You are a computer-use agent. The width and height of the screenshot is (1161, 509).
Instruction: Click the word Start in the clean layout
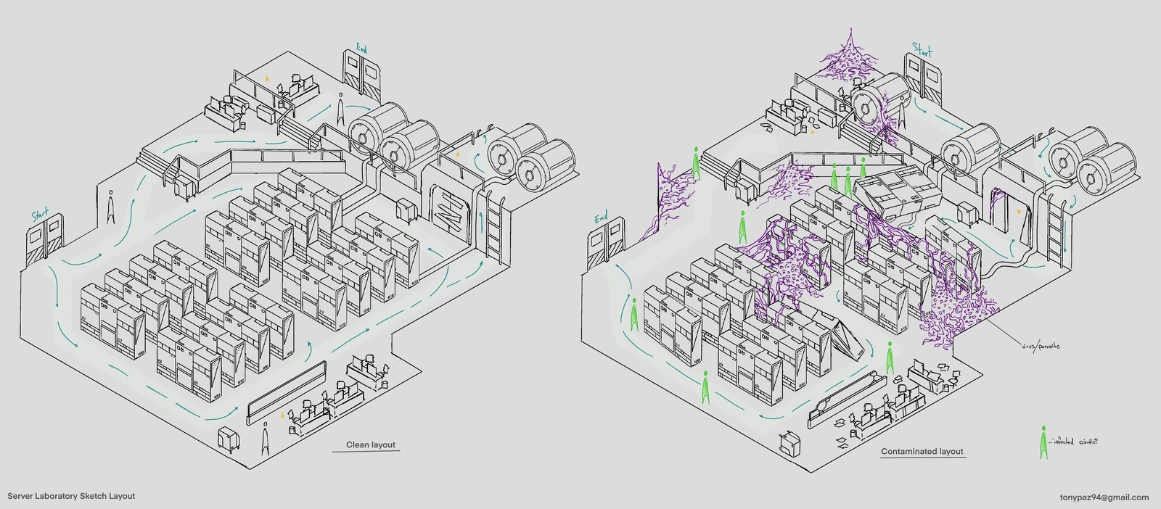coord(41,215)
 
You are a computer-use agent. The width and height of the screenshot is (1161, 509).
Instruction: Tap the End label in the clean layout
coord(361,49)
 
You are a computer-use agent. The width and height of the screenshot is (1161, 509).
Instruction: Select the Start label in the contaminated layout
coord(922,51)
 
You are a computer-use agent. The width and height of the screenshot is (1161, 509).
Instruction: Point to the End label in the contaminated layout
coord(602,218)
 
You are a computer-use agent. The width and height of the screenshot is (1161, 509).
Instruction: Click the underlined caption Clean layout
coord(371,444)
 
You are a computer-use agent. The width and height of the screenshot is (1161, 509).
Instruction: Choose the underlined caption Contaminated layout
coord(922,451)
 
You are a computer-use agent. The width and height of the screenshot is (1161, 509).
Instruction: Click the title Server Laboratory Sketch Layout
coord(71,496)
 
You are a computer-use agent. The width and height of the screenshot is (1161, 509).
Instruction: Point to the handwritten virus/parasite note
coord(1041,346)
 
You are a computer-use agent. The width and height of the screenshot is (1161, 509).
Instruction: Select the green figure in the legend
coord(1043,442)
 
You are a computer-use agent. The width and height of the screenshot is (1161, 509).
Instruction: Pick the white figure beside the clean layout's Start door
coord(111,206)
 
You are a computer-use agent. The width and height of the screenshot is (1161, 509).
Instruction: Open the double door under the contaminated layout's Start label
coord(924,78)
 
